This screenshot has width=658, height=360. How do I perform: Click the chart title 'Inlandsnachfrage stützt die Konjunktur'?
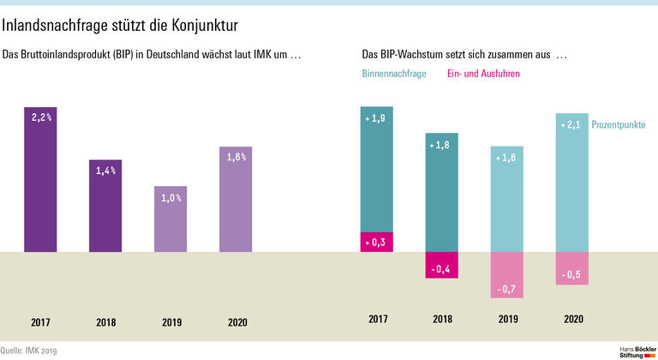(x=120, y=27)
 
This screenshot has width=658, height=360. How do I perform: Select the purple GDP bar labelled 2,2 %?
(x=40, y=180)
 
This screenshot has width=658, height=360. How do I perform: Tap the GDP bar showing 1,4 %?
(x=106, y=206)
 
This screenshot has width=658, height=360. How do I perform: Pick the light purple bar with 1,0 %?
(x=171, y=219)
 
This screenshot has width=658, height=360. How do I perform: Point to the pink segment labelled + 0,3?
(x=376, y=243)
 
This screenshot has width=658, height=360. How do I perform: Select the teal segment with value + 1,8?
(x=442, y=193)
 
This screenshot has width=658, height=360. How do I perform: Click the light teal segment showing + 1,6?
(x=507, y=199)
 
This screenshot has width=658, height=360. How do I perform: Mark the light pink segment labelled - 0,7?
(x=507, y=275)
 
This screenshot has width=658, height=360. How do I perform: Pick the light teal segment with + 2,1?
(x=572, y=183)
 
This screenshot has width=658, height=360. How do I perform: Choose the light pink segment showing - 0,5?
(x=572, y=268)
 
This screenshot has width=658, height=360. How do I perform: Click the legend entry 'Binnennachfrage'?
(x=394, y=75)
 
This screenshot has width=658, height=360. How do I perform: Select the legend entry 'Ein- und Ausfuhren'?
(x=483, y=75)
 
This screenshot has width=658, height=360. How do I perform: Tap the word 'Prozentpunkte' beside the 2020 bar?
(x=618, y=125)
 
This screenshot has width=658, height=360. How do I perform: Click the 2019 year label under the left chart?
(x=171, y=323)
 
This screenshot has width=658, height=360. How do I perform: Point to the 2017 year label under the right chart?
(x=376, y=319)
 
